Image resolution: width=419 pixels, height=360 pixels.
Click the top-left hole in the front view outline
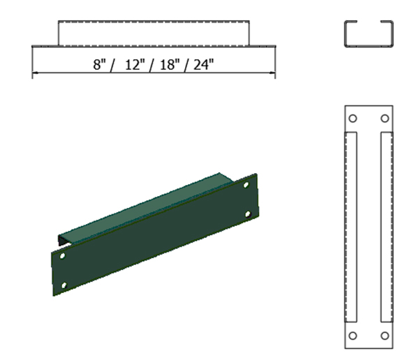point(353,118)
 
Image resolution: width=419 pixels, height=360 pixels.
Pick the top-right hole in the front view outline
point(384,118)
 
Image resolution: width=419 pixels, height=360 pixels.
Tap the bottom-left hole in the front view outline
point(353,336)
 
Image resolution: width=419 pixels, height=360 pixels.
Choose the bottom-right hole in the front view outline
point(384,336)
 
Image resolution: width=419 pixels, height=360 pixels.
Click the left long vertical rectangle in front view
point(352,227)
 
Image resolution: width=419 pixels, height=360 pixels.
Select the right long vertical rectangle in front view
point(385,227)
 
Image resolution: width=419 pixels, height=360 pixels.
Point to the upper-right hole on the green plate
point(246,185)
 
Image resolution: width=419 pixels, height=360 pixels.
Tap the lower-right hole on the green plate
point(247,214)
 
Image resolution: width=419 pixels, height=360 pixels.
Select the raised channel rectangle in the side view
point(154,33)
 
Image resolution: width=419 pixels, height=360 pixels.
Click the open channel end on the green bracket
point(61,240)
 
